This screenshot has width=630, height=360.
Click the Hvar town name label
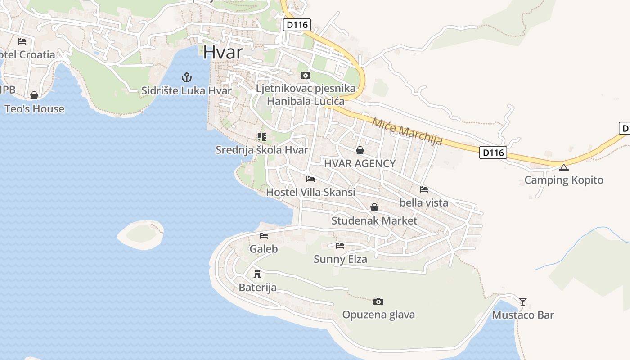tap(223, 52)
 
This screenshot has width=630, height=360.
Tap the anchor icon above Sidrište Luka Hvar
tap(187, 77)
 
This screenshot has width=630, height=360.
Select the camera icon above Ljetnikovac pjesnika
tap(306, 75)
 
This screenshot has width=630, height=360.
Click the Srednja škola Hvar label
tap(262, 150)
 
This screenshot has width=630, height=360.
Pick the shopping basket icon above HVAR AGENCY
tap(360, 150)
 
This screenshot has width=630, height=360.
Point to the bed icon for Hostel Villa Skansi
tap(310, 179)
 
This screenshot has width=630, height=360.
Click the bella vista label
tap(424, 202)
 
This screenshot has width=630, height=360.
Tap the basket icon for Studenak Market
tap(374, 207)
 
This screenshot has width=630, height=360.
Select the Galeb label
tap(264, 249)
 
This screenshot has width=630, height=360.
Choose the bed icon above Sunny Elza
tap(340, 246)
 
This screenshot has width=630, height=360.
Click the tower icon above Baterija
tap(257, 274)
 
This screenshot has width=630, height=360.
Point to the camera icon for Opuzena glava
tap(378, 301)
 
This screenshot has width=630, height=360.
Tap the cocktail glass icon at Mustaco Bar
tap(522, 301)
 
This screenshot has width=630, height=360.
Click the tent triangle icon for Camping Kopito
tap(564, 168)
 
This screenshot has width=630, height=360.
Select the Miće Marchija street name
tap(407, 130)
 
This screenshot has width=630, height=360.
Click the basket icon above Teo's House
tap(34, 95)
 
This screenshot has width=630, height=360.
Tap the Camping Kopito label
tap(564, 180)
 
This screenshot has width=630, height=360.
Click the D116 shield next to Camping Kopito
tap(493, 153)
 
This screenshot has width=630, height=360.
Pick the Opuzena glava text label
tap(378, 315)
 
